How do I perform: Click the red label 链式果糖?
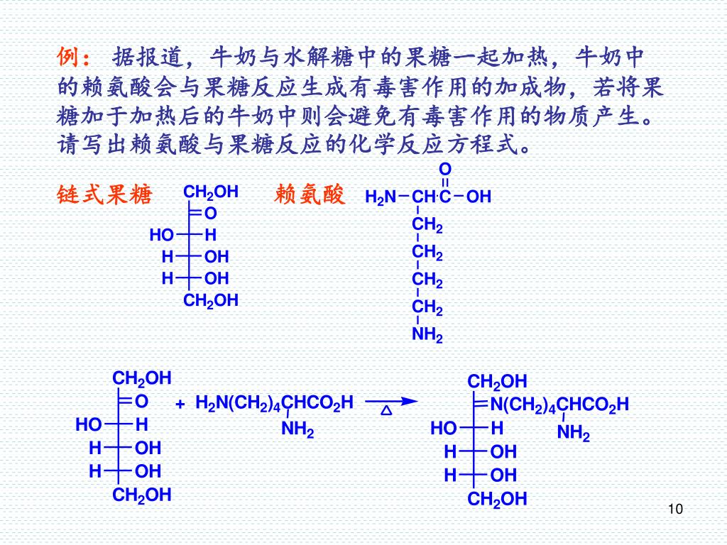click(x=104, y=195)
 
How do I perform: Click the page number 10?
click(x=674, y=509)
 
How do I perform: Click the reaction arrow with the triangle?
click(x=390, y=401)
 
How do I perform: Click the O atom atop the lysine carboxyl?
click(x=445, y=170)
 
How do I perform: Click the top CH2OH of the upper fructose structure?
click(x=210, y=192)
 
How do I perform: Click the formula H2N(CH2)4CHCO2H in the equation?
click(x=274, y=403)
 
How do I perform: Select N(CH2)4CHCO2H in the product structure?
click(x=559, y=405)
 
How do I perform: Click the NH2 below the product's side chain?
click(x=573, y=432)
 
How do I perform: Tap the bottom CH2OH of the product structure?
click(x=497, y=500)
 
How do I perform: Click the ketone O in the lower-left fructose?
click(x=141, y=402)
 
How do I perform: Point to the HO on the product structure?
click(x=443, y=429)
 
